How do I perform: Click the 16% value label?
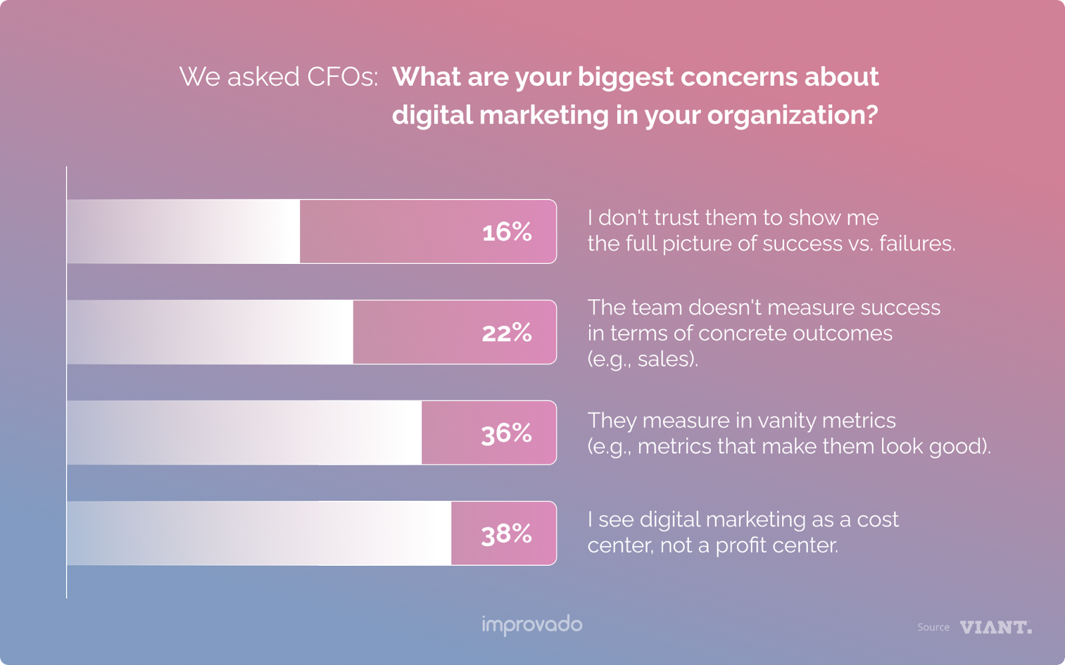click(x=507, y=232)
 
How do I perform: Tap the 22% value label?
click(x=507, y=332)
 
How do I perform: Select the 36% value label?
click(x=507, y=434)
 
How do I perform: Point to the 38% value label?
click(x=507, y=534)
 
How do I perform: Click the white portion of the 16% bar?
click(x=184, y=231)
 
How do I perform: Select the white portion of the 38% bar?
click(x=259, y=533)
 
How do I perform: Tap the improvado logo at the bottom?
click(x=532, y=625)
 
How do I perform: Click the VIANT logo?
click(x=996, y=627)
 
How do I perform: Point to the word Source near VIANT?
click(x=933, y=627)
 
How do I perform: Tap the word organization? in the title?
click(x=792, y=116)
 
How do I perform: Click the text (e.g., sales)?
click(x=643, y=359)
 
